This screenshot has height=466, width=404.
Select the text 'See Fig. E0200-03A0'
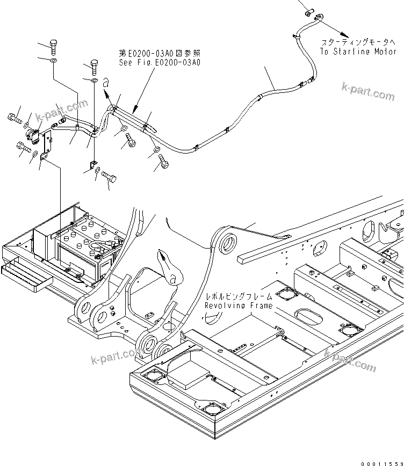click(x=160, y=63)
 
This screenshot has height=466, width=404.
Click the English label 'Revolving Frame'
click(x=238, y=305)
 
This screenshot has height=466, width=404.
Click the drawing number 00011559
click(x=381, y=462)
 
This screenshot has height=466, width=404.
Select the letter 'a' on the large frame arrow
click(x=171, y=279)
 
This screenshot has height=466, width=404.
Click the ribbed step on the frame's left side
click(x=27, y=276)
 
